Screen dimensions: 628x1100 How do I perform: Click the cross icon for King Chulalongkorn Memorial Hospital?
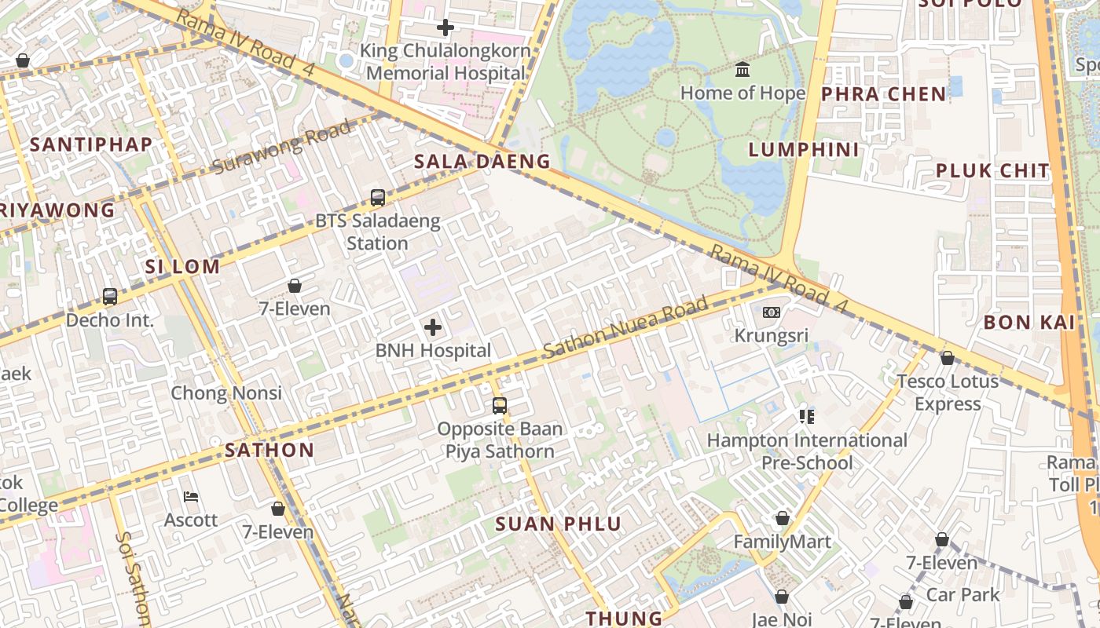click(445, 28)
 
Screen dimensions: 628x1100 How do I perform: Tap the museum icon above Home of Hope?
click(742, 70)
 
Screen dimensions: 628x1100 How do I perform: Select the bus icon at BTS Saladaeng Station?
click(378, 198)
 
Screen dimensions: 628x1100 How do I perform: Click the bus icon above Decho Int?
click(110, 297)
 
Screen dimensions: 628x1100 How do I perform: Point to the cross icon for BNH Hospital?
click(433, 327)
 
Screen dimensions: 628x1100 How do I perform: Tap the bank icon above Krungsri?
click(771, 312)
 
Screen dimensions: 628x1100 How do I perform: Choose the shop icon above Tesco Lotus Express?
click(948, 358)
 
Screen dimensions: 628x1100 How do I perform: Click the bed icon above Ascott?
click(191, 497)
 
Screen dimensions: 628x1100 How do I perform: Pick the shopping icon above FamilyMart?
click(782, 518)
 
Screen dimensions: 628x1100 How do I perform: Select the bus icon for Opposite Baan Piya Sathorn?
click(500, 406)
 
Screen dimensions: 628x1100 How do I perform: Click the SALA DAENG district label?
click(482, 162)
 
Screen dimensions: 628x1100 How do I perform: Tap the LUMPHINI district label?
click(804, 149)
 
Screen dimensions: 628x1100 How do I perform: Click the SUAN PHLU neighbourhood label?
click(558, 524)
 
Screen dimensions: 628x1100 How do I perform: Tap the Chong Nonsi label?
click(226, 392)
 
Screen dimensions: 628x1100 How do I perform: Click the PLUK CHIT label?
click(992, 170)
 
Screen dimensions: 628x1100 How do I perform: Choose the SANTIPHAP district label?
click(91, 144)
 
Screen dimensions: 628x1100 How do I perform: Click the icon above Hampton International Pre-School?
click(807, 416)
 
